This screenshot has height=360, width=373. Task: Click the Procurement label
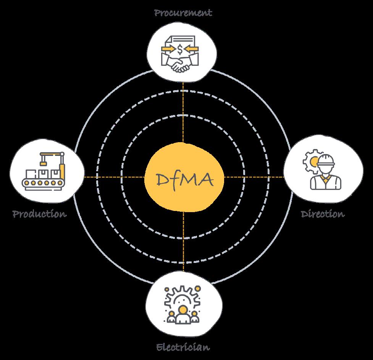click(x=183, y=13)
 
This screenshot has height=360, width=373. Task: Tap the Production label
click(x=39, y=213)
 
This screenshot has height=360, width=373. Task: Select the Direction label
click(x=323, y=214)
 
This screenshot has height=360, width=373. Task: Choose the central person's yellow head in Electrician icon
click(x=183, y=309)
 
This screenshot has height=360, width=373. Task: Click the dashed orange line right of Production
click(x=115, y=177)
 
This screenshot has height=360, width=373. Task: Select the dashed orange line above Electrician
click(x=183, y=245)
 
